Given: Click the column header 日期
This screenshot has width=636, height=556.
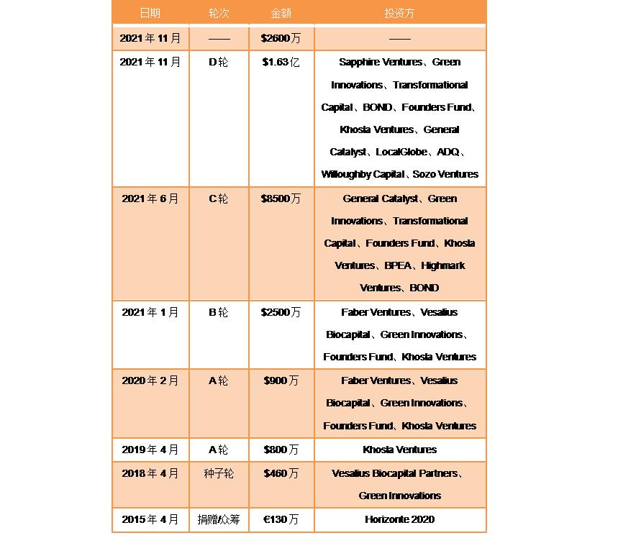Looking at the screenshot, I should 150,14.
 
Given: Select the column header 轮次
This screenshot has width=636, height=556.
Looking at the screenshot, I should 218,14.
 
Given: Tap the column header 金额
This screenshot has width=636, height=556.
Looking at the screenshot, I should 281,14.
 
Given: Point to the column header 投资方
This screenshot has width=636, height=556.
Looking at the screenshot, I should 399,14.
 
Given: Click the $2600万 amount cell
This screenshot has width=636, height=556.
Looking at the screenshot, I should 281,38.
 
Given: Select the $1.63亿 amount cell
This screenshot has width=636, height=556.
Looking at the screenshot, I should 281,63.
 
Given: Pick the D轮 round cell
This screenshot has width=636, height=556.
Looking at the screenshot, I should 218,63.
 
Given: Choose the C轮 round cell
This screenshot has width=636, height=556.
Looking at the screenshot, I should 218,199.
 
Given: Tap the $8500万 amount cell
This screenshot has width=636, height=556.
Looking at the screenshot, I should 281,199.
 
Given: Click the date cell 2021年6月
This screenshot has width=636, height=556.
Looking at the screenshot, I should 150,199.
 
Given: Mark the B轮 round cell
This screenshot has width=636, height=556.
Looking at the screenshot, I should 218,312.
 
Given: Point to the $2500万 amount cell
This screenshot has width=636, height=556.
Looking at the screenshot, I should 281,312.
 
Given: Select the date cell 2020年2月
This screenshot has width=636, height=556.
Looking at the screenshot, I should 150,380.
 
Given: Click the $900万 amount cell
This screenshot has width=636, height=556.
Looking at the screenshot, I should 281,380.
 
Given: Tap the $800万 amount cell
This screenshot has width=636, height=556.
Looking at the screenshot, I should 281,450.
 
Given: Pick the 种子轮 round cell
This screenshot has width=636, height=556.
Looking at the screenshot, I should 218,473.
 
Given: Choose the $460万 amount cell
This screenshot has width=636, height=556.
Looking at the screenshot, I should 281,473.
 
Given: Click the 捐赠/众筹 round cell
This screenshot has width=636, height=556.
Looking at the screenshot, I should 218,519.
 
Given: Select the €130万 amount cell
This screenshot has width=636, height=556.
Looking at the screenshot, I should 281,519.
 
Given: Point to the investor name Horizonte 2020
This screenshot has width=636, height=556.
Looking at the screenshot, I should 399,519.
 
